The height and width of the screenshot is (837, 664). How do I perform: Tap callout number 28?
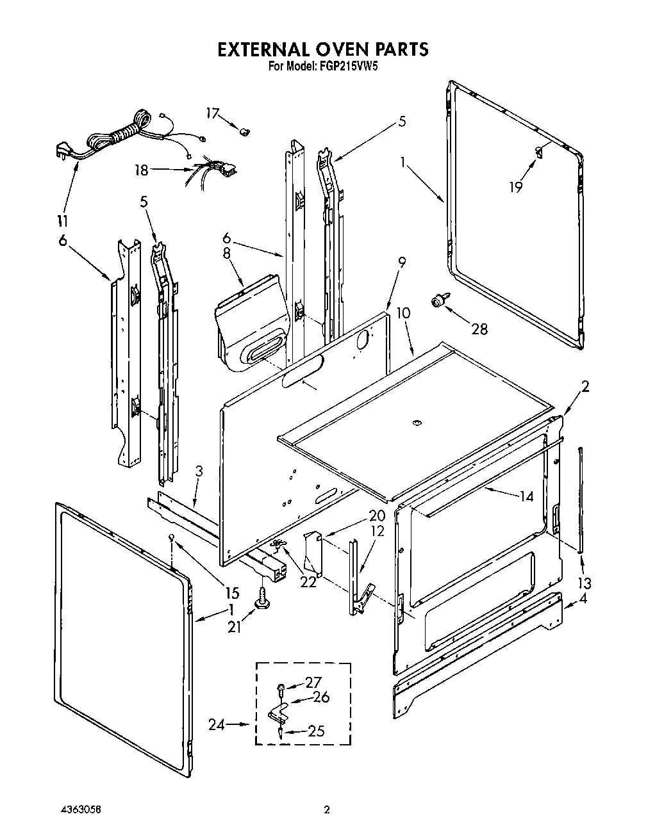pos(479,329)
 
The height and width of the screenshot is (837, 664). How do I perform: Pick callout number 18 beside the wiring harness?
pos(142,170)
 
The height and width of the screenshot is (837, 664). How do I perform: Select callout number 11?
pos(62,221)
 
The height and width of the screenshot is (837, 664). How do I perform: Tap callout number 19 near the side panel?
pos(516,186)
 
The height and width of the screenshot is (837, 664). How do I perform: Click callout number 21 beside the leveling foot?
pos(235,627)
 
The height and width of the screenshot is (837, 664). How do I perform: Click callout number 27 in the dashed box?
pos(313,683)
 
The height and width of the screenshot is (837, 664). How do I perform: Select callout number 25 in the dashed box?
pos(316,730)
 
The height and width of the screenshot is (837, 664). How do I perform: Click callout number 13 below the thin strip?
pos(583,583)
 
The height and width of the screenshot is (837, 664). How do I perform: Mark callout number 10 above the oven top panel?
pos(403,313)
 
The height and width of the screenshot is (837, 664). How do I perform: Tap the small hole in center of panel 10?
pos(416,422)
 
